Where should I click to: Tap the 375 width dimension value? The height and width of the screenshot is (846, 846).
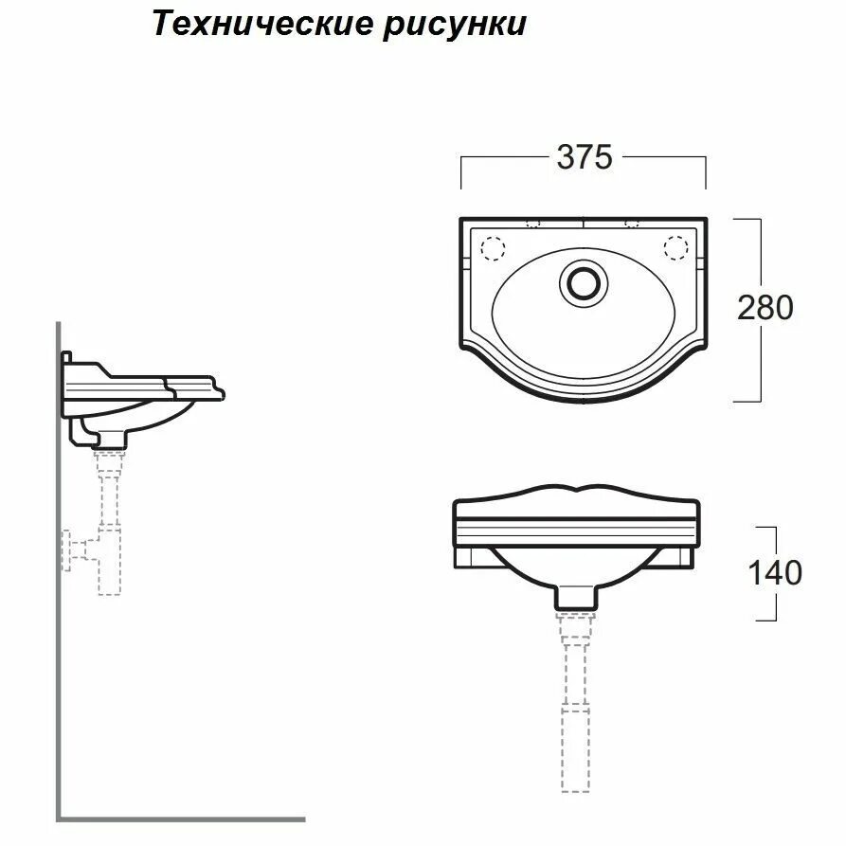[x=584, y=157]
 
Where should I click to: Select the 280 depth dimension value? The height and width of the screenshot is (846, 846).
[x=764, y=307]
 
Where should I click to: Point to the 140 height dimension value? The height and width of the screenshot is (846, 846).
[x=774, y=572]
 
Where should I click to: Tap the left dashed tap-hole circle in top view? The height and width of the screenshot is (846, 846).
[x=493, y=247]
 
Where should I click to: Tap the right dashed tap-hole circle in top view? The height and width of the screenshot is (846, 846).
[x=675, y=247]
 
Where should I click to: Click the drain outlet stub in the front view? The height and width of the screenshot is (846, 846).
[x=576, y=597]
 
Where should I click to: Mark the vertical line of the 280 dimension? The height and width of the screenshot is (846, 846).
[x=760, y=308]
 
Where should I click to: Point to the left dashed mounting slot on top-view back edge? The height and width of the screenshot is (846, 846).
[x=531, y=224]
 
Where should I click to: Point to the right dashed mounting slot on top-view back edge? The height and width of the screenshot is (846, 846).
[x=633, y=224]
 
